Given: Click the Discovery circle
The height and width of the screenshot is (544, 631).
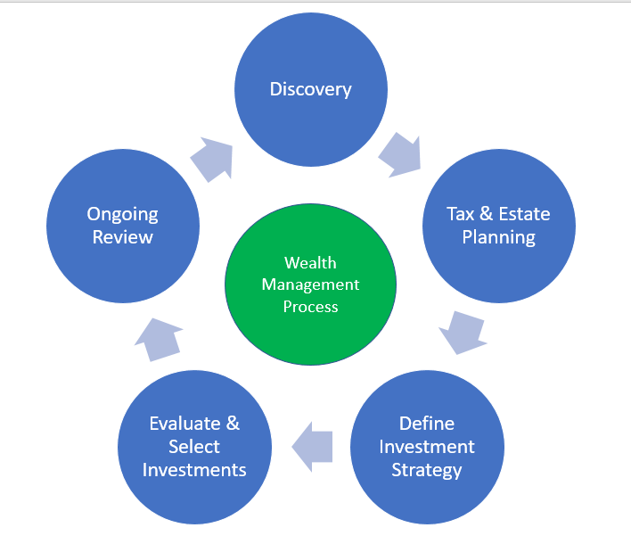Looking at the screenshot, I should click(x=311, y=89).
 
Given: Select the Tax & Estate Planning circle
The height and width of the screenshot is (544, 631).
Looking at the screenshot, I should click(x=499, y=225).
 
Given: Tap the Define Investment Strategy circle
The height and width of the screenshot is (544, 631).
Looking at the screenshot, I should click(x=427, y=446).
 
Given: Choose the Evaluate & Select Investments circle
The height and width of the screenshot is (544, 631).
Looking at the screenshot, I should click(x=194, y=446).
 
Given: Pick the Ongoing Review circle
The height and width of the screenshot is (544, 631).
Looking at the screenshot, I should click(x=122, y=225).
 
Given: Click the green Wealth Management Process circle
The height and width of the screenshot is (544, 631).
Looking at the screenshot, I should click(x=311, y=285).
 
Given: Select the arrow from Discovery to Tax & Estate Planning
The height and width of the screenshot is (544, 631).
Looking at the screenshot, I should click(x=400, y=153).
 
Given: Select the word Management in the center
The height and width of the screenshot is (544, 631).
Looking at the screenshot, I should click(x=311, y=284).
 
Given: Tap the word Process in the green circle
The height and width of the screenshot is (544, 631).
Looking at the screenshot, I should click(x=311, y=306).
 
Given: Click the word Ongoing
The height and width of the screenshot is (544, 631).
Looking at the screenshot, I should click(x=122, y=214).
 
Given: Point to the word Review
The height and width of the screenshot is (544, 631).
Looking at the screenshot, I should click(x=122, y=237).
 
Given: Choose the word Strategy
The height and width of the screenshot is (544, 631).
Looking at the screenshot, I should click(x=427, y=469).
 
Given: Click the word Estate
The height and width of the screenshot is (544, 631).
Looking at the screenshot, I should click(x=522, y=214).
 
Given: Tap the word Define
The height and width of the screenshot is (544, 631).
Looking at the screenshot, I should click(x=427, y=424).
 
